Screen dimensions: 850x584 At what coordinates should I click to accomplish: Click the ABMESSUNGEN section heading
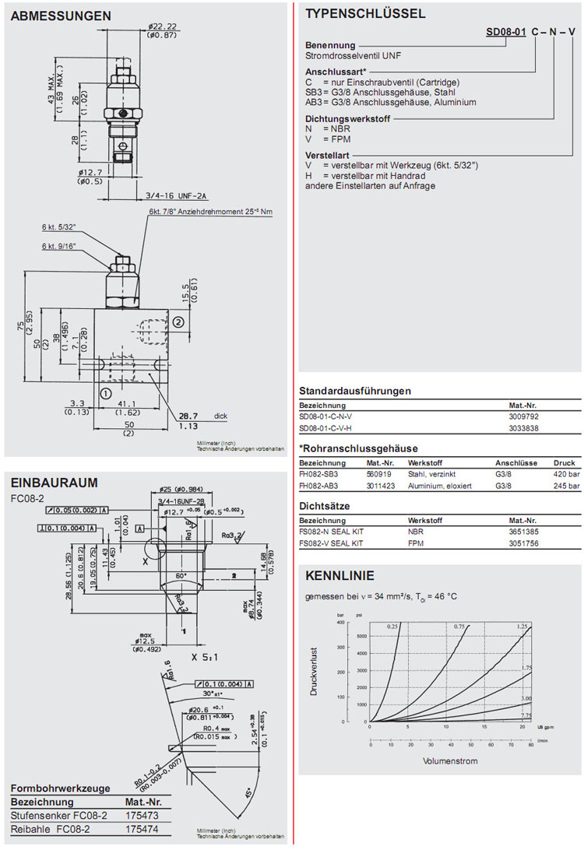62,16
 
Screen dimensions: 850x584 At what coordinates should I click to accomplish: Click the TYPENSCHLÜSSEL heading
365,13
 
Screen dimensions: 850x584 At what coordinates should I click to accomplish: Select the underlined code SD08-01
505,33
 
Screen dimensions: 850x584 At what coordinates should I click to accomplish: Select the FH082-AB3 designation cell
321,486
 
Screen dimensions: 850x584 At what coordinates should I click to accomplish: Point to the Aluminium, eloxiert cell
434,486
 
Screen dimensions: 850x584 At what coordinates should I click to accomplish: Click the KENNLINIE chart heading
339,576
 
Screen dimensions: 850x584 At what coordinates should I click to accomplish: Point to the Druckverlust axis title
315,672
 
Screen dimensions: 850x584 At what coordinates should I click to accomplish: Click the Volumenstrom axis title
451,760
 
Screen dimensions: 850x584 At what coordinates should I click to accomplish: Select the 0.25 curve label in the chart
393,626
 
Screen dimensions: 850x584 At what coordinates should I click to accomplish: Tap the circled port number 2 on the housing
178,321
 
